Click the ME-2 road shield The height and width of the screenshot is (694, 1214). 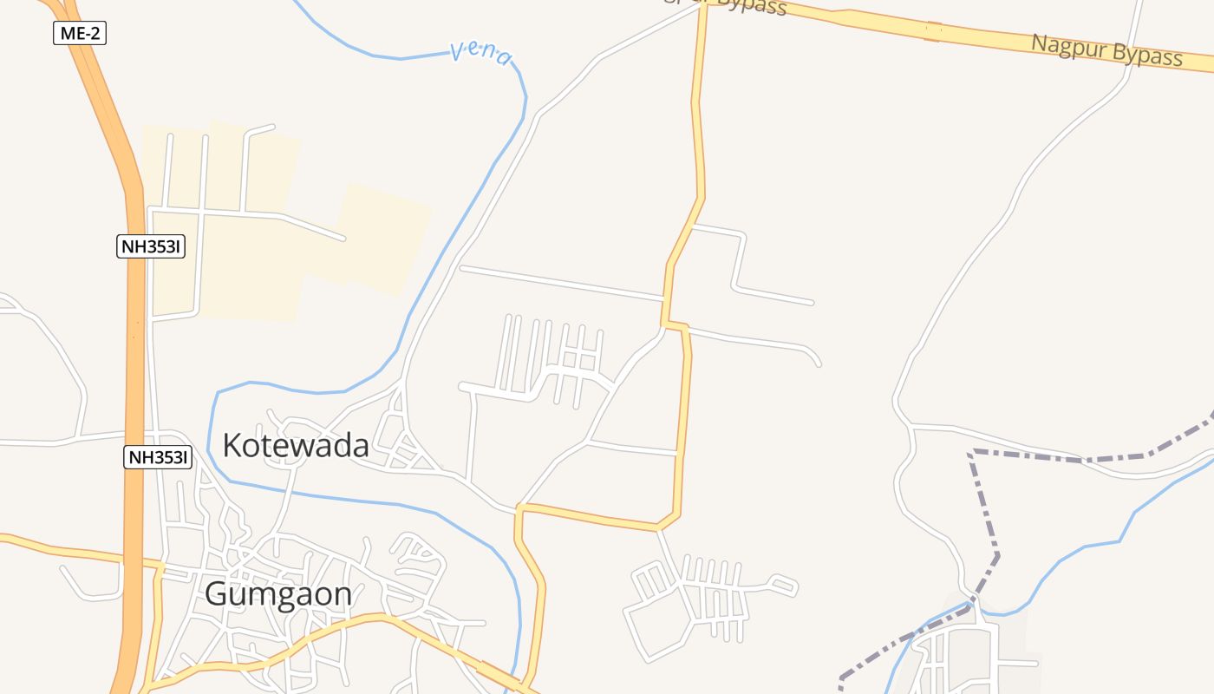click(x=80, y=34)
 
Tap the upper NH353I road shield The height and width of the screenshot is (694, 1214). click(x=151, y=246)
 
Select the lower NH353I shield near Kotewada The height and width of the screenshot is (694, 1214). click(x=157, y=457)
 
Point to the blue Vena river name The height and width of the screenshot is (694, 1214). click(x=481, y=54)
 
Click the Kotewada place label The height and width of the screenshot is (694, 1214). click(x=296, y=446)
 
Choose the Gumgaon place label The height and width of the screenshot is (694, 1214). click(x=278, y=594)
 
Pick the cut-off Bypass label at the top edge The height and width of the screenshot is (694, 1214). click(x=746, y=6)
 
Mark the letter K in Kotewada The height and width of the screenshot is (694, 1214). click(x=232, y=446)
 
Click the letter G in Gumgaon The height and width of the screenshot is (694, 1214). click(x=216, y=594)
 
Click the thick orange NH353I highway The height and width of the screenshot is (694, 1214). click(x=134, y=347)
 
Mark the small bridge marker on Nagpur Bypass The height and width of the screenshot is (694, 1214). click(x=933, y=31)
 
